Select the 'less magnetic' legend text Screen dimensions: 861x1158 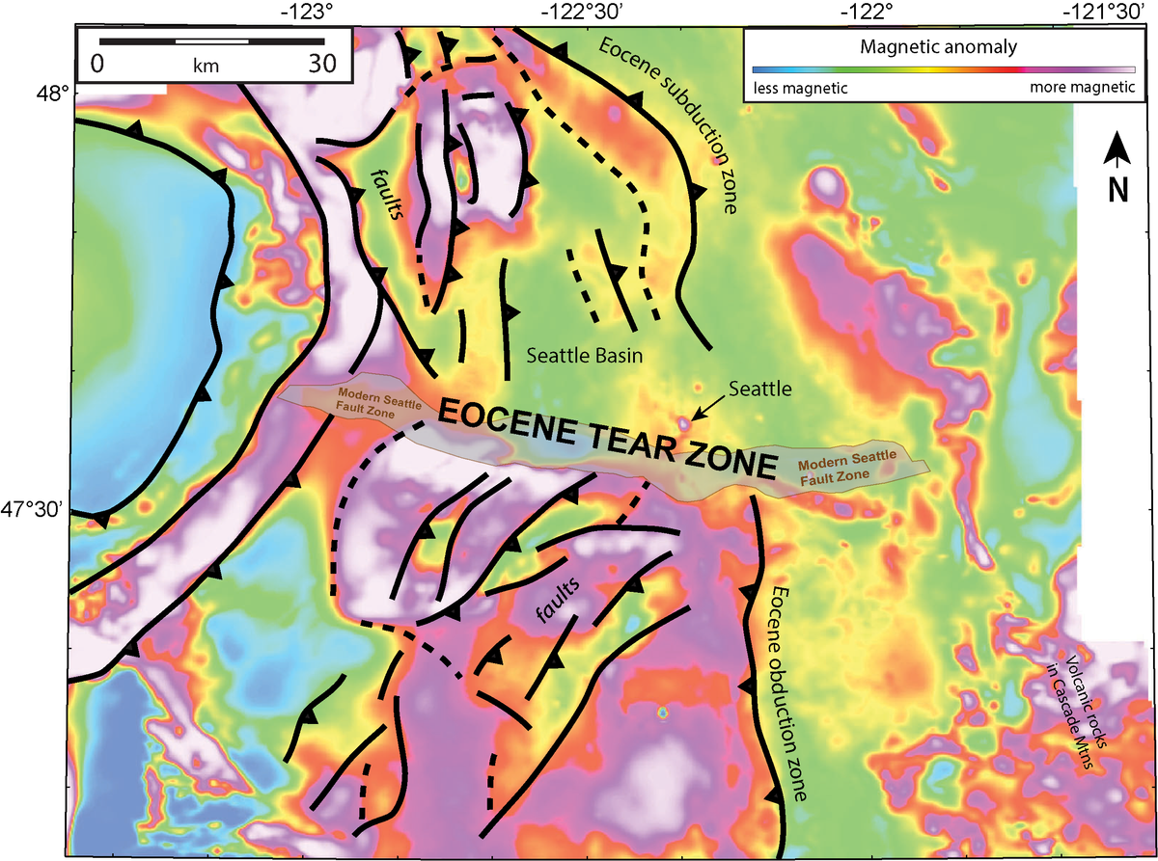pos(799,88)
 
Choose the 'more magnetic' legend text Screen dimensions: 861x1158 pos(1082,88)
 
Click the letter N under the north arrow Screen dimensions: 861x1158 pos(1117,191)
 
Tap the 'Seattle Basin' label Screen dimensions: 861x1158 pos(586,356)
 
